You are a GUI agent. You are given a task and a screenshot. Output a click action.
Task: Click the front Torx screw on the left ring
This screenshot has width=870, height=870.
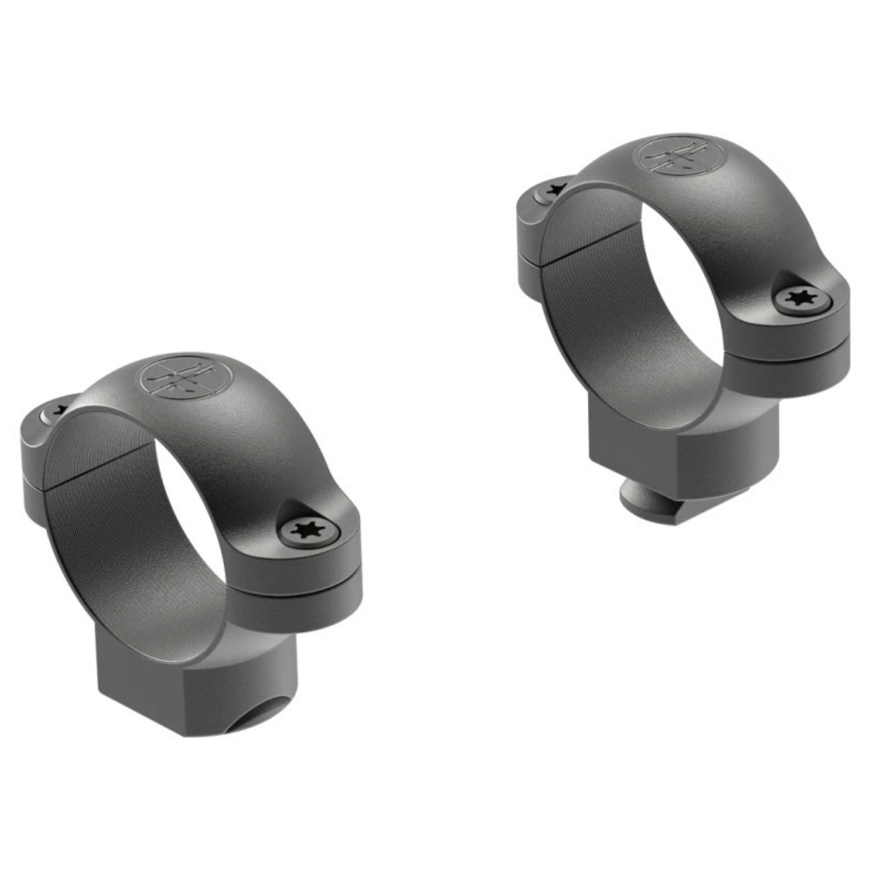click(x=310, y=531)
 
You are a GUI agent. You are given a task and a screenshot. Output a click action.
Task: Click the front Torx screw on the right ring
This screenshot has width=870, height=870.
click(x=802, y=299)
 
